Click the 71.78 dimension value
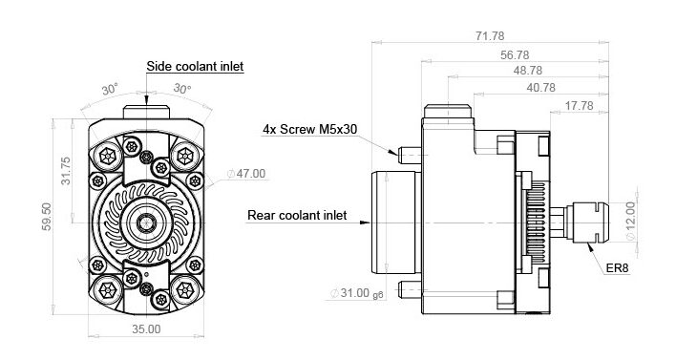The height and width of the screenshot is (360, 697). [490, 36]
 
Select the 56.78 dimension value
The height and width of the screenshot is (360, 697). [515, 55]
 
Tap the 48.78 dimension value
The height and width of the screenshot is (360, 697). [528, 71]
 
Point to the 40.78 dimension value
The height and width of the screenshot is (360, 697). [541, 88]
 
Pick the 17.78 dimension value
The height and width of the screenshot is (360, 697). [580, 106]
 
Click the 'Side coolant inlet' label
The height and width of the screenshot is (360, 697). [195, 66]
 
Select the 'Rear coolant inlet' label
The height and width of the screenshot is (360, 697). [297, 215]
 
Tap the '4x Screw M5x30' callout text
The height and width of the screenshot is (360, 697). [310, 129]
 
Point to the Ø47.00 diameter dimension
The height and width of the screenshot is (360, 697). [245, 174]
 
